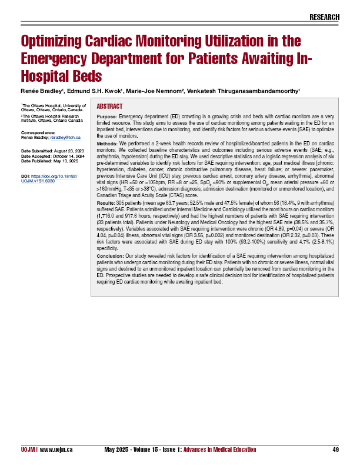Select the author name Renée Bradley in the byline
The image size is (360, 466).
41,91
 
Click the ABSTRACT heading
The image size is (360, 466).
109,106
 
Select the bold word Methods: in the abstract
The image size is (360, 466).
107,143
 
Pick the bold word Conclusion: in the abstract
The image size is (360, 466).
110,256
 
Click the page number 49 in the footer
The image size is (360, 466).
335,450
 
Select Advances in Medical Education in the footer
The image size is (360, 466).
220,450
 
